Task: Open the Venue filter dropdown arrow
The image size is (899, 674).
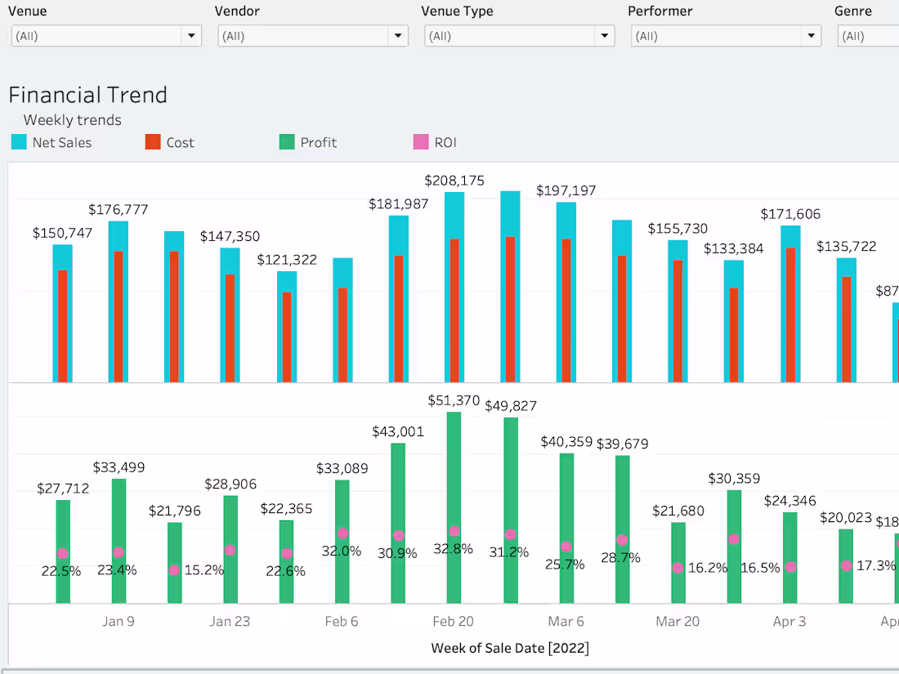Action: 191,36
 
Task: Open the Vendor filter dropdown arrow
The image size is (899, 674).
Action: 398,36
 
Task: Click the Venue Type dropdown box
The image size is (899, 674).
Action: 519,36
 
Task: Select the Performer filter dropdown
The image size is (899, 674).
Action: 726,36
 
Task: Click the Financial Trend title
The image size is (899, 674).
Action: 87,95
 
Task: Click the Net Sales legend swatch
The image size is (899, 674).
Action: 19,142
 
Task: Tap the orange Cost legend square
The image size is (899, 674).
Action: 153,142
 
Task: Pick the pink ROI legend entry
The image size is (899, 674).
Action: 421,142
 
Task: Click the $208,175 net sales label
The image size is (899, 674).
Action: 454,180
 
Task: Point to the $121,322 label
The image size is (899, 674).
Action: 287,260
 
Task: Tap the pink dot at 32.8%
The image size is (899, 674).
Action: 454,532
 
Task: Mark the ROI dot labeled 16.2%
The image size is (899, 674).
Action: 678,567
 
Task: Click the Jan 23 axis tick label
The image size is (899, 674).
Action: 230,622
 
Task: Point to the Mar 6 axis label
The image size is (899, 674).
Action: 566,622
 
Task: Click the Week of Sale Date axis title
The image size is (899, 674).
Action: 510,649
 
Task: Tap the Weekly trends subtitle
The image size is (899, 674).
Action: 72,120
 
